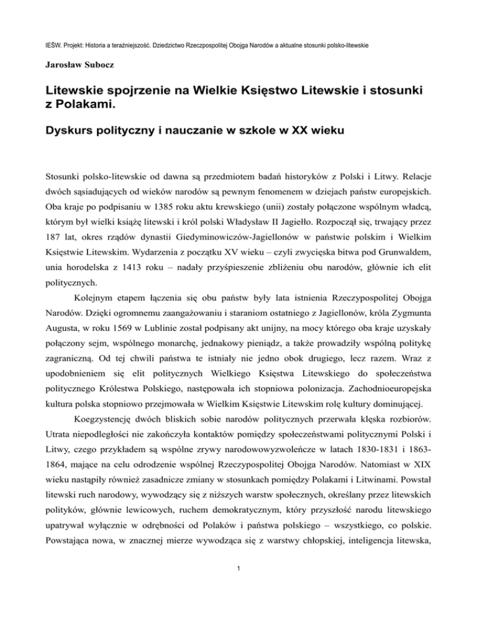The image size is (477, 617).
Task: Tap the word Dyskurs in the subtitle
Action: tap(80, 132)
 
